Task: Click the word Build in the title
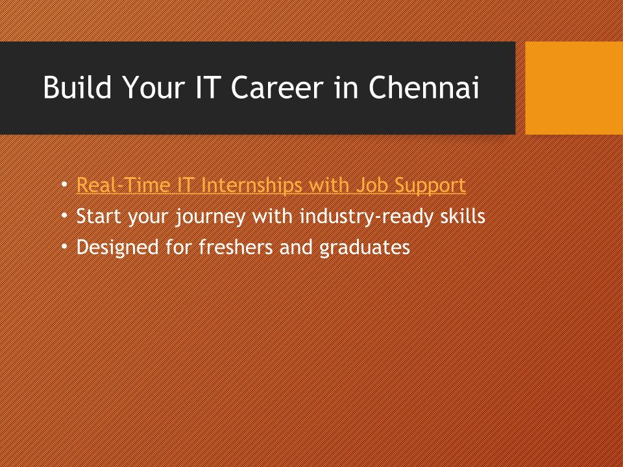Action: coord(77,87)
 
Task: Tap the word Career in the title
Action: coord(277,88)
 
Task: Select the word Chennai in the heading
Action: coord(424,87)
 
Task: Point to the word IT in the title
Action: coord(206,87)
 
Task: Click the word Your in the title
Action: coord(154,88)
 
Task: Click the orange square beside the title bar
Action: coord(574,88)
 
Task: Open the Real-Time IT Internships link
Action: coord(271,186)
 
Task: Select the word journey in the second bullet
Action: coord(210,217)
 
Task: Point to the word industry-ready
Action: coord(367,217)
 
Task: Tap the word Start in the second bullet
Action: coord(99,217)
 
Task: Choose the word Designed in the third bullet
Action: coord(117,247)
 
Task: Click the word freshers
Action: coord(236,246)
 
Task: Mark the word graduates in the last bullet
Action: coord(365,247)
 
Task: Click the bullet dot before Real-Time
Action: coord(65,185)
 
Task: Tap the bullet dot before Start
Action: coord(65,216)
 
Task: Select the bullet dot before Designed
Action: coord(65,246)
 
